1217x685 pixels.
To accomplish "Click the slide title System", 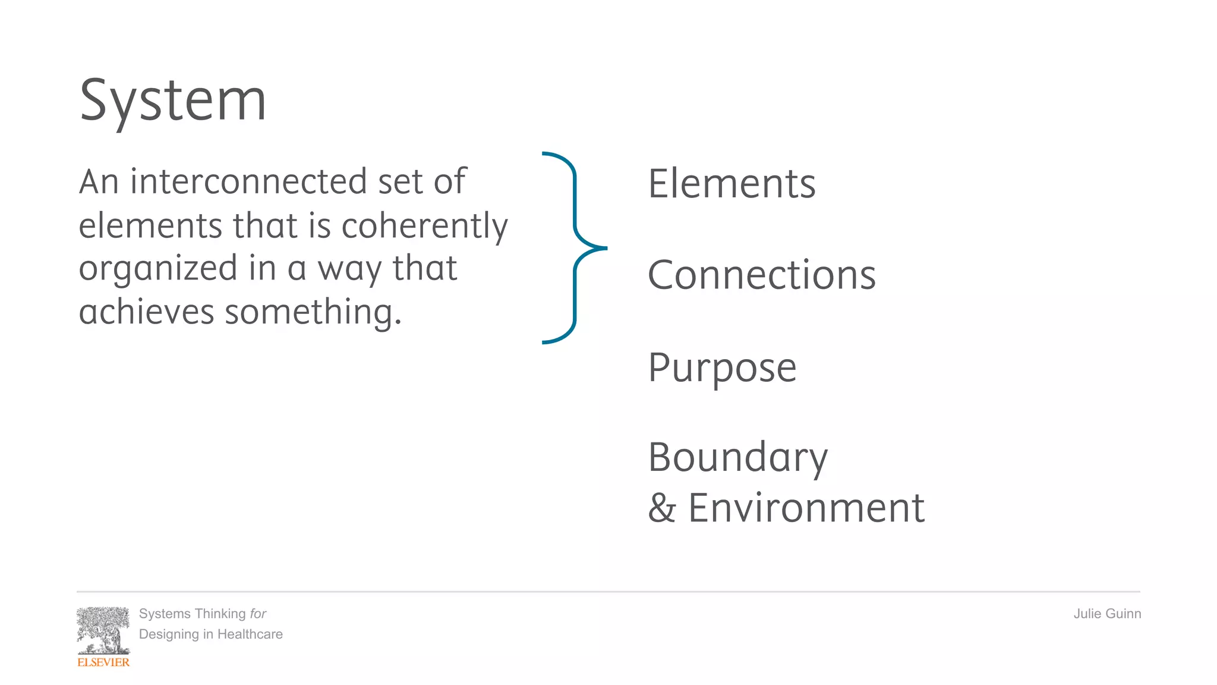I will click(x=173, y=101).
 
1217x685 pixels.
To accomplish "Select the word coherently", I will click(x=424, y=226).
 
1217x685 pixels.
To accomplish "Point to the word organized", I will click(x=158, y=269).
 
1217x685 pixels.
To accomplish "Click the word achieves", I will click(x=146, y=312).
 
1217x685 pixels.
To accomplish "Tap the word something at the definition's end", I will click(x=313, y=312).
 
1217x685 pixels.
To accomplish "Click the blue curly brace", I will click(x=575, y=248).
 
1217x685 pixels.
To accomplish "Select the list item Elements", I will click(x=732, y=184).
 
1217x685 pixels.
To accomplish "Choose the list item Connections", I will click(x=761, y=275).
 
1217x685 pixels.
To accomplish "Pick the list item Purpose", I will click(x=722, y=367).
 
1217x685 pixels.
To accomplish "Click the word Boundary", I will click(x=737, y=458).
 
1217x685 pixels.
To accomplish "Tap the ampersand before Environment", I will click(x=662, y=508).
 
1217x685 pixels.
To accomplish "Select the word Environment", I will click(x=806, y=508).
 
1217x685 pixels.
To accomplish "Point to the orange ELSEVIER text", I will click(x=103, y=662).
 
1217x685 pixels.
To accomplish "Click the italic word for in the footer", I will click(x=258, y=614).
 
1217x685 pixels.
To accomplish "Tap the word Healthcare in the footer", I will click(x=250, y=634).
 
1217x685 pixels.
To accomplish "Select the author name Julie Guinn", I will click(x=1106, y=614).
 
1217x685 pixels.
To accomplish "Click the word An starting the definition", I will click(x=99, y=181).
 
